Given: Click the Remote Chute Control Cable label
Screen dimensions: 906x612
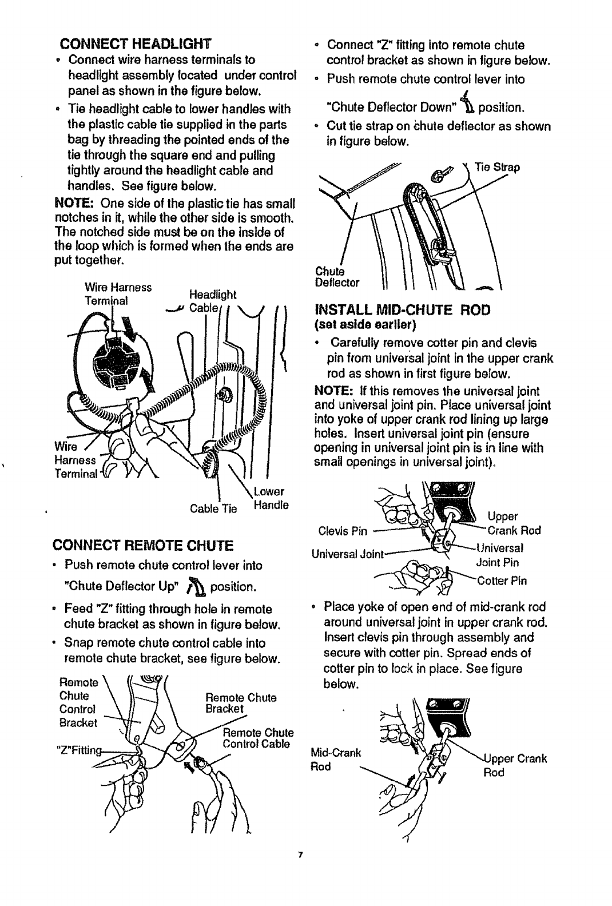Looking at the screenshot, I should coord(249,738).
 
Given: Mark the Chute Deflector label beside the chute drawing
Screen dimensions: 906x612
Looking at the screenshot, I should coord(337,277).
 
